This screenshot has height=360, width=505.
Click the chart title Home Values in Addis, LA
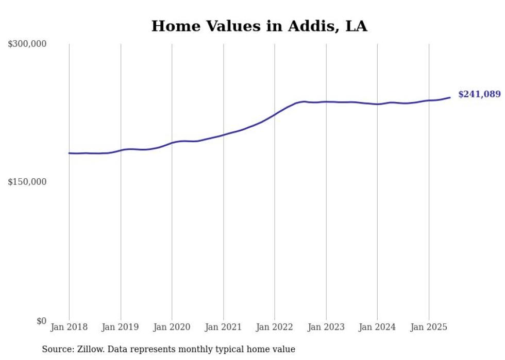click(259, 26)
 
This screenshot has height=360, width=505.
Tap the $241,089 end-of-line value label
click(479, 94)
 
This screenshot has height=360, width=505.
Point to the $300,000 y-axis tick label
click(27, 44)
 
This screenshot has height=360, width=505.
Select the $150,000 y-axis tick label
click(27, 182)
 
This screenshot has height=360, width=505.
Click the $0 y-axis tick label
click(41, 321)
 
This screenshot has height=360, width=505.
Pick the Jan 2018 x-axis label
click(69, 327)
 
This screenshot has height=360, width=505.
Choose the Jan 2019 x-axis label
click(120, 327)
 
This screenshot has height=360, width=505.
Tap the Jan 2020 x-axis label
click(172, 327)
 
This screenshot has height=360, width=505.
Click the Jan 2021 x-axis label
click(223, 327)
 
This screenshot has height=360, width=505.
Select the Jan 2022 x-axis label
click(274, 327)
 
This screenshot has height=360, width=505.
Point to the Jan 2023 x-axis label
click(326, 327)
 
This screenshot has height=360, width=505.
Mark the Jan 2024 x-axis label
click(377, 327)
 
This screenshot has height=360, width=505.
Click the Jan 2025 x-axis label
click(428, 327)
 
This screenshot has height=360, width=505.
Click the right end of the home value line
click(450, 97)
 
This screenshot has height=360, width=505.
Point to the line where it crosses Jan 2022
click(275, 114)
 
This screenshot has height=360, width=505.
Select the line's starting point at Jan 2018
click(69, 153)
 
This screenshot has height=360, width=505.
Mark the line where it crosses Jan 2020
click(172, 142)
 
